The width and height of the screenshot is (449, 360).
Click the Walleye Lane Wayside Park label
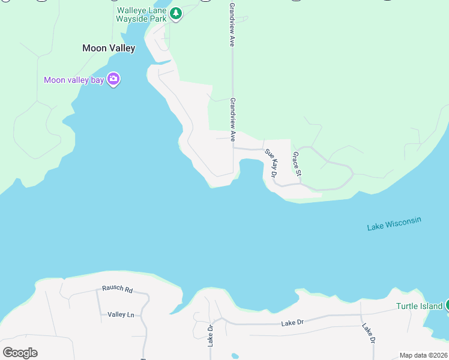tap(141, 14)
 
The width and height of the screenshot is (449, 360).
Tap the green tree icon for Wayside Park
tap(175, 13)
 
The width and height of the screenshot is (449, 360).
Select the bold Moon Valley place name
tap(109, 48)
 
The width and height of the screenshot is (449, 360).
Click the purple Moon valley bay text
tap(74, 80)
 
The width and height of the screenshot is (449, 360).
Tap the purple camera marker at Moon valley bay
tap(113, 79)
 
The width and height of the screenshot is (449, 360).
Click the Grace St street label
tap(296, 164)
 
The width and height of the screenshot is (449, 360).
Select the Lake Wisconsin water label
tap(394, 224)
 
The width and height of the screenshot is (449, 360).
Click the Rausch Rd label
tap(117, 289)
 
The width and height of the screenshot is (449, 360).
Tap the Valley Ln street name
tap(121, 314)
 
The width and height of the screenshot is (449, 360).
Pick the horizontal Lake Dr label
tap(292, 323)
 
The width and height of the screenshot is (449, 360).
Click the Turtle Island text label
tap(419, 306)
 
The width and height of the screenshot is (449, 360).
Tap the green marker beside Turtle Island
tap(446, 305)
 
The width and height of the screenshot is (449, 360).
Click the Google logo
tap(20, 352)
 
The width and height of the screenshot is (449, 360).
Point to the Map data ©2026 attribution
tap(423, 355)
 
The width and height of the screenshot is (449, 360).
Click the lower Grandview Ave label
tap(232, 115)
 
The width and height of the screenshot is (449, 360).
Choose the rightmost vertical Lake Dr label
tap(368, 333)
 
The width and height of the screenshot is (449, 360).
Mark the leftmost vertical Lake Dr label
tap(211, 336)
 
